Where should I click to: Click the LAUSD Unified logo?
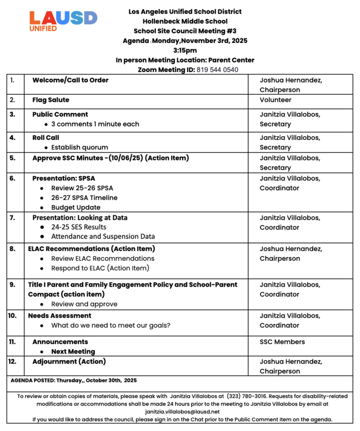63,21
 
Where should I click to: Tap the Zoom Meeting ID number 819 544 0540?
217,69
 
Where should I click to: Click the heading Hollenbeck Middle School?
185,21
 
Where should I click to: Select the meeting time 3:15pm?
185,50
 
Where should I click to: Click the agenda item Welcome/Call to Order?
70,80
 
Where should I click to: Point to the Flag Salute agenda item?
51,100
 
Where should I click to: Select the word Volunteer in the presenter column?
275,100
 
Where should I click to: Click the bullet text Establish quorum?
79,147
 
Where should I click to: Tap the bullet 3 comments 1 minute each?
95,124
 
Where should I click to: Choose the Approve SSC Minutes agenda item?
110,158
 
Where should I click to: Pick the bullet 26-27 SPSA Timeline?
84,198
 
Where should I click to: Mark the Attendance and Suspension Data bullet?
103,237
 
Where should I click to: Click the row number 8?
12,249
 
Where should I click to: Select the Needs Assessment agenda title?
59,316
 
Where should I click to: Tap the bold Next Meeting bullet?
73,352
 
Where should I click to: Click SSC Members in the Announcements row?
282,342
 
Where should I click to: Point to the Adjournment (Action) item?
69,362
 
